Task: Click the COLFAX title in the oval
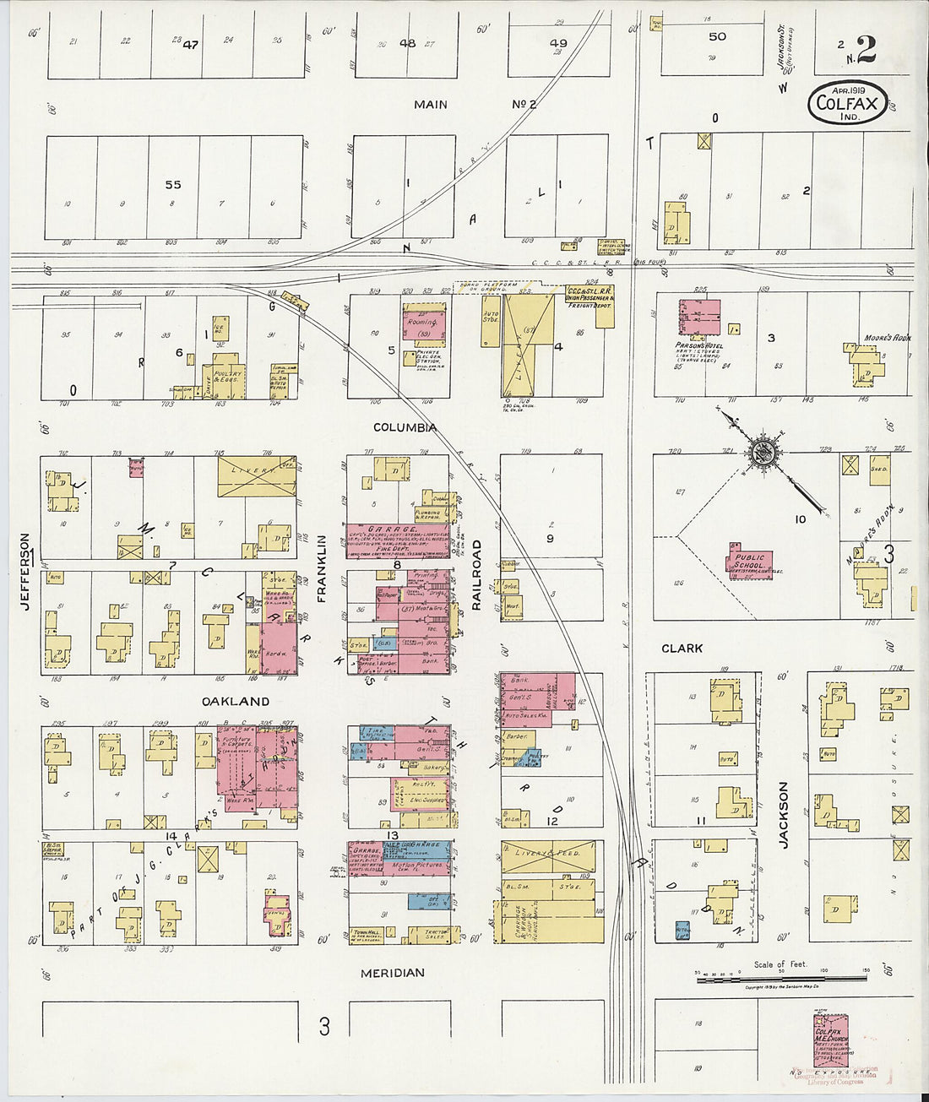tap(847, 105)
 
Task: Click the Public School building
tap(749, 562)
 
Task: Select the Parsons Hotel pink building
tap(700, 318)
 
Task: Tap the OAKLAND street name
tap(236, 702)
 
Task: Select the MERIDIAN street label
tap(392, 973)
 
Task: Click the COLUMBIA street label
tap(405, 427)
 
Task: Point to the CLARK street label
tap(682, 649)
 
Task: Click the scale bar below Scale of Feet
tap(781, 978)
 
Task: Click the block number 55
tap(173, 184)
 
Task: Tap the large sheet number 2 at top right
tap(866, 50)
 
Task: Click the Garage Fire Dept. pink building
tap(397, 540)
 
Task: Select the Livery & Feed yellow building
tap(548, 857)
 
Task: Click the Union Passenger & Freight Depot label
tap(589, 296)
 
